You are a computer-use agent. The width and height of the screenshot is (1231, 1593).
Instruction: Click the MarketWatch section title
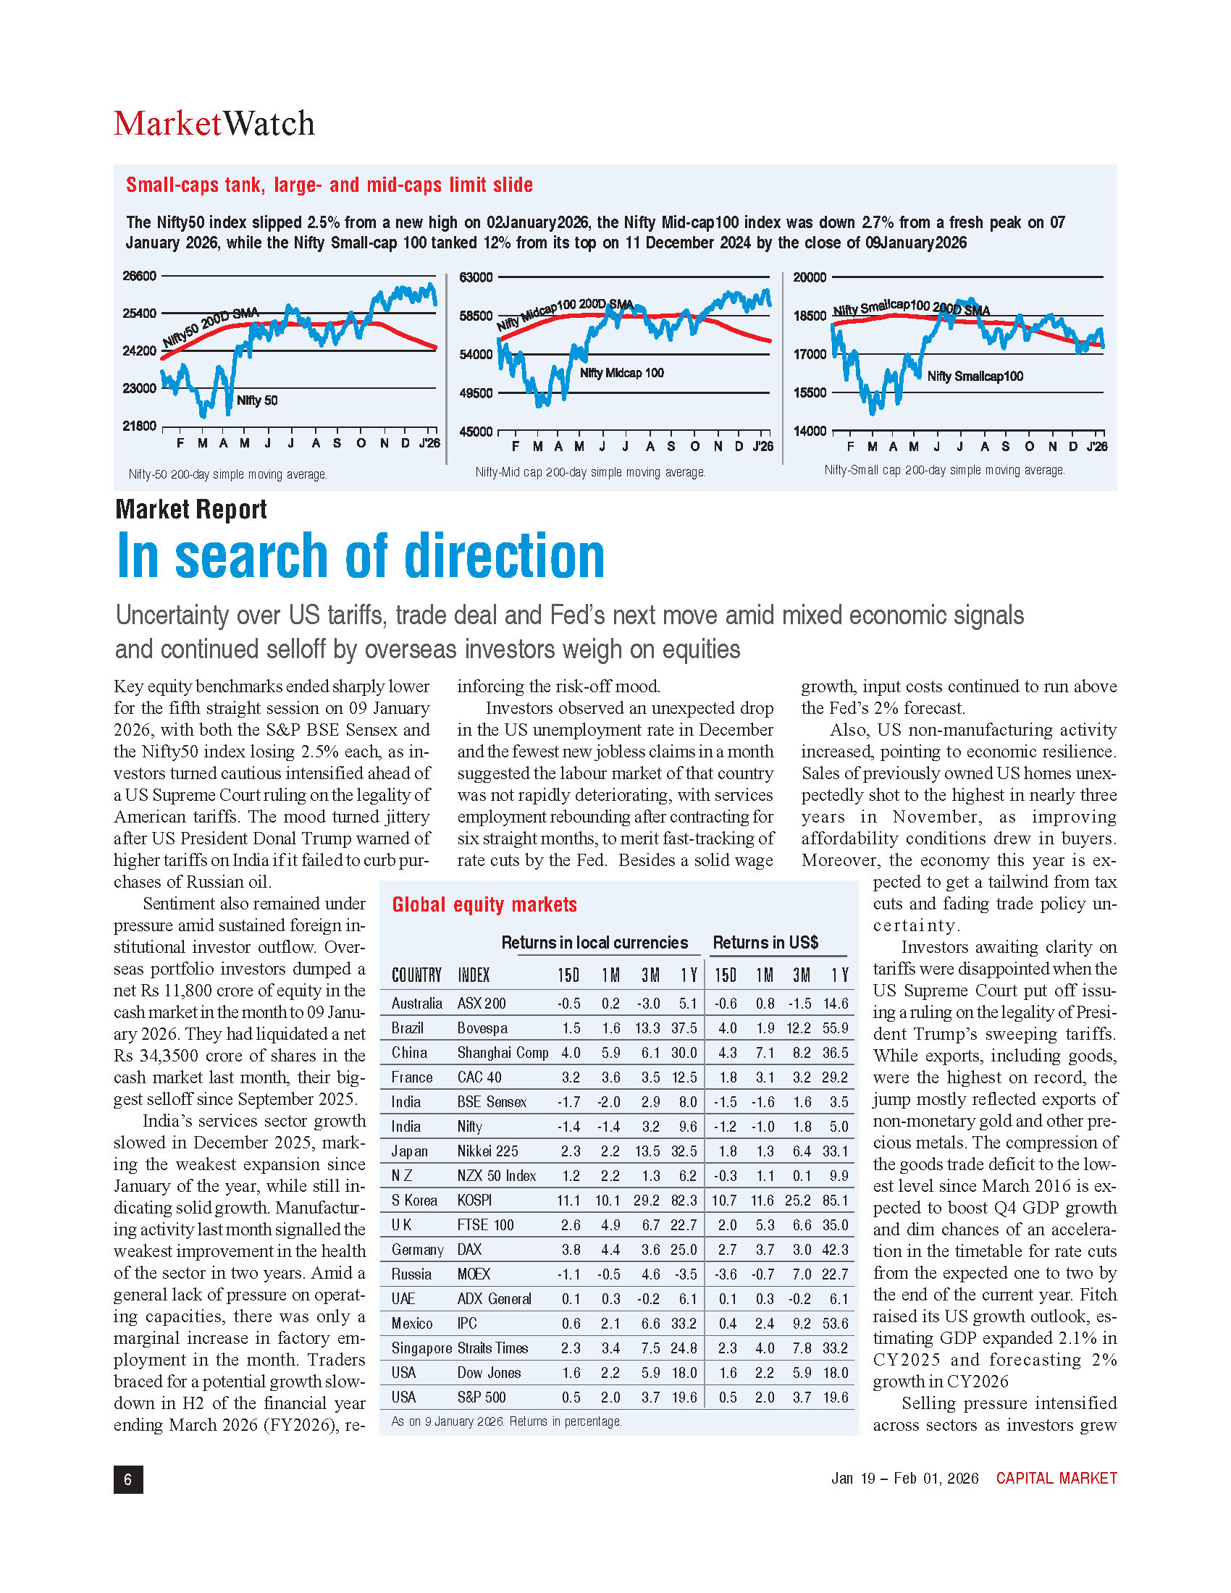tap(214, 123)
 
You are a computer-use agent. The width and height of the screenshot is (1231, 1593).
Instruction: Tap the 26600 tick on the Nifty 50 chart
tap(139, 276)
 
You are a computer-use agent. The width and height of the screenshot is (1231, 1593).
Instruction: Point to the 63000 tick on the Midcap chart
tap(476, 277)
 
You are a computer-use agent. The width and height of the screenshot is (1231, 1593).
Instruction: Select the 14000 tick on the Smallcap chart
tap(810, 431)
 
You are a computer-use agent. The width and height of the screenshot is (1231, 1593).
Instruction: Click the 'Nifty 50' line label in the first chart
tap(257, 400)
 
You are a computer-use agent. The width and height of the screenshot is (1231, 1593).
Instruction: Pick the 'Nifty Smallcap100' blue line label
tap(975, 377)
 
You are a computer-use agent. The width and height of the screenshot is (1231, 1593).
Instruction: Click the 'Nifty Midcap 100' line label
tap(621, 374)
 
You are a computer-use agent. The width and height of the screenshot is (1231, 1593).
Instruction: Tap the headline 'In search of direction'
tap(361, 556)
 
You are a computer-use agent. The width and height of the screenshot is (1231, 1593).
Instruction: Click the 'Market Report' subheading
tap(191, 509)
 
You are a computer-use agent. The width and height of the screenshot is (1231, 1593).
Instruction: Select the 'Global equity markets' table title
tap(484, 904)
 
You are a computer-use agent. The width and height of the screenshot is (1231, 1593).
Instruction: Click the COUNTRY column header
tap(416, 975)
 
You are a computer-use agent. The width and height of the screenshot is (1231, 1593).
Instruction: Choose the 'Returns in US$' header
tap(765, 942)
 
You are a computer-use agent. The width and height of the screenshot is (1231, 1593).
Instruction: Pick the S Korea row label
tap(414, 1201)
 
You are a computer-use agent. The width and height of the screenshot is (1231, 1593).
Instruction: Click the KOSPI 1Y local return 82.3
tap(684, 1201)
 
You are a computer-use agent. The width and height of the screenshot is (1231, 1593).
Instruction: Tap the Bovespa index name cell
tap(482, 1028)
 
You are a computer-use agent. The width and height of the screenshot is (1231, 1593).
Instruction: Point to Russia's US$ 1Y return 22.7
tap(835, 1274)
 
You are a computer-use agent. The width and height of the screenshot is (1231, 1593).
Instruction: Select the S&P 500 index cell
tap(482, 1397)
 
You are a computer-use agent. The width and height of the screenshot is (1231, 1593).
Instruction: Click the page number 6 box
tap(128, 1479)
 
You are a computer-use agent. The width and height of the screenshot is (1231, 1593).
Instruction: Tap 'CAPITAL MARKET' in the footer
tap(1056, 1479)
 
